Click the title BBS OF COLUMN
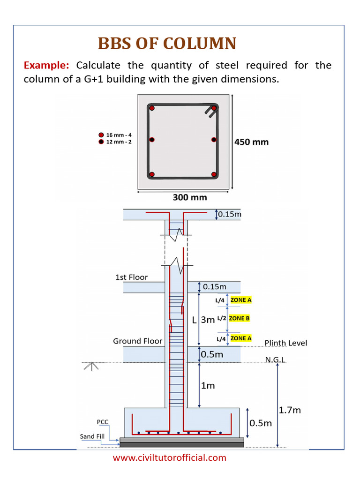[x=167, y=44]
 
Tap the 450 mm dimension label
[x=251, y=142]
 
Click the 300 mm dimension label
[x=190, y=197]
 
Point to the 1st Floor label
[x=131, y=277]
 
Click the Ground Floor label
[x=137, y=341]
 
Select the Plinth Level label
[x=286, y=343]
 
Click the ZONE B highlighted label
[x=239, y=318]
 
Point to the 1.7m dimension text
[x=290, y=410]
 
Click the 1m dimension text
[x=208, y=386]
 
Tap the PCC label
[x=103, y=422]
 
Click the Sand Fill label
[x=94, y=436]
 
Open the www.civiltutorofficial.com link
[x=169, y=457]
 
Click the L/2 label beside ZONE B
[x=222, y=318]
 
